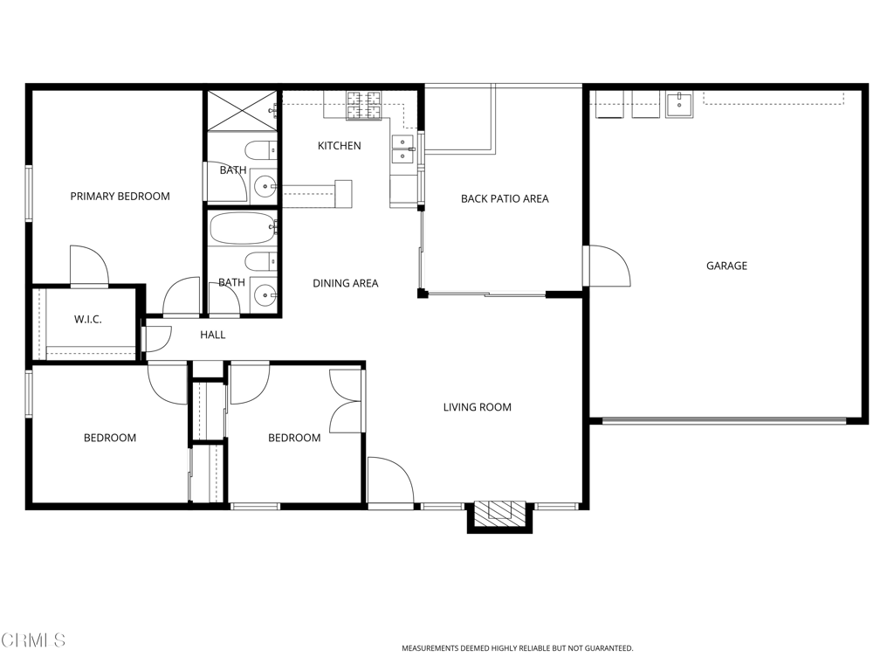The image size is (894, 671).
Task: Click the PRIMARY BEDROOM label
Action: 120,197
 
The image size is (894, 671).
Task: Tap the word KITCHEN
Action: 339,146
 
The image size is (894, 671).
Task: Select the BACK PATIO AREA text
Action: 505,199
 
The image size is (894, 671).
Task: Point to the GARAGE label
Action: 726,266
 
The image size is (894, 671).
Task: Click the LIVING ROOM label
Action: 477,407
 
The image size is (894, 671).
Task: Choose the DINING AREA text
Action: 346,283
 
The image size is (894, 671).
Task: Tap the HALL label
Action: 212,335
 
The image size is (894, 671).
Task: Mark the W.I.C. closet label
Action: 87,320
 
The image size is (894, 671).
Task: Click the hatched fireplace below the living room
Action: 500,513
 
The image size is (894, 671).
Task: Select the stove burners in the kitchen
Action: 365,106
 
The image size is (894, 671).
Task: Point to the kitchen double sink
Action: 402,149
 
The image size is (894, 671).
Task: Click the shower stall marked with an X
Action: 242,110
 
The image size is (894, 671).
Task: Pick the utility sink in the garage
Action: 678,104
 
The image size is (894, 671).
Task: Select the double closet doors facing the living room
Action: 347,401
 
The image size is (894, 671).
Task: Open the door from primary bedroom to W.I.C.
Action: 89,266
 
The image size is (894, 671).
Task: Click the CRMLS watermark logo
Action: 33,640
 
